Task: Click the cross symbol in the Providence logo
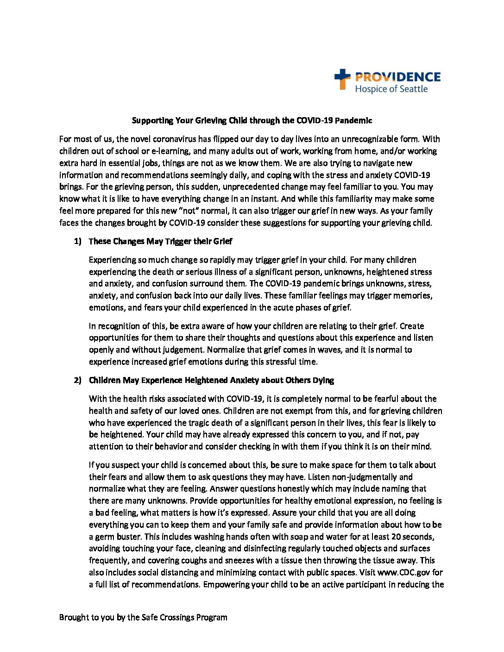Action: pos(342,79)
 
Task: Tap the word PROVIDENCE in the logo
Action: pos(397,77)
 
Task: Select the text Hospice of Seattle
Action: pos(391,89)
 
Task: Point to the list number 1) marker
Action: pos(77,241)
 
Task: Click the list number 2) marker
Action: pos(77,380)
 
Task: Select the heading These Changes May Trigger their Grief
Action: pos(160,241)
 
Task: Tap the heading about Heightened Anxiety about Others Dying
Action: pos(211,380)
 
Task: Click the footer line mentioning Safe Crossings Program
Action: pos(143,617)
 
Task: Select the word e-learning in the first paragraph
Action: pos(166,151)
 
